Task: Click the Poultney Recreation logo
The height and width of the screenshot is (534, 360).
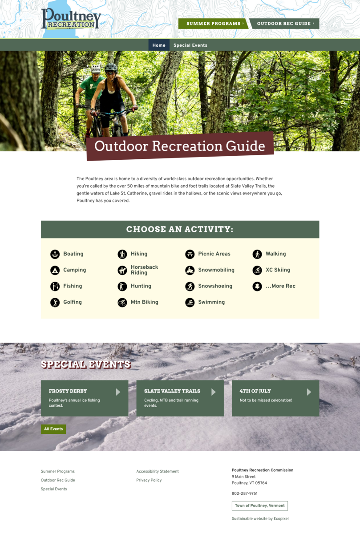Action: (x=71, y=18)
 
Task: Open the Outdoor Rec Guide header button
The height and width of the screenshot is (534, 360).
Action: (x=285, y=24)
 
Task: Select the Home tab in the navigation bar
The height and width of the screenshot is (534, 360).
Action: (x=159, y=45)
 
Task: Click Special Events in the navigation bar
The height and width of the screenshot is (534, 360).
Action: (x=190, y=45)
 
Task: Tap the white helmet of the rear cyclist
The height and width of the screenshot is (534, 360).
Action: (x=96, y=69)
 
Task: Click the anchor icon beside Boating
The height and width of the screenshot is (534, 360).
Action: (x=55, y=254)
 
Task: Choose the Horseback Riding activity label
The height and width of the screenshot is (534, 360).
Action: (x=144, y=270)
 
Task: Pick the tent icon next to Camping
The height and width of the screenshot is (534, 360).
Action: (x=55, y=271)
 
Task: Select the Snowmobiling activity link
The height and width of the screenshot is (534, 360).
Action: (x=216, y=270)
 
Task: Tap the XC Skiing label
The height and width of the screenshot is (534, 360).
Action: (x=278, y=270)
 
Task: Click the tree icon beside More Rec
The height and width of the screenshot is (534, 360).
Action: (x=257, y=286)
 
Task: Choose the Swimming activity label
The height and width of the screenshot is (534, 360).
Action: (x=211, y=302)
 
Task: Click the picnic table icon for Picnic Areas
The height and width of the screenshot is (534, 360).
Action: (x=190, y=254)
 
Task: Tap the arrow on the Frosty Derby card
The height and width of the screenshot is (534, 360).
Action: (x=118, y=392)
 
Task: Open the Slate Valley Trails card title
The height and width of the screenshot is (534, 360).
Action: (x=172, y=391)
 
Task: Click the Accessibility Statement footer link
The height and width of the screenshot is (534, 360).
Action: (x=158, y=471)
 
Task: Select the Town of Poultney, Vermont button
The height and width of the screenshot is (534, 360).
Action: (x=259, y=506)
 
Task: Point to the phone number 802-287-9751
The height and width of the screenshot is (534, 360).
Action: (x=245, y=493)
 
